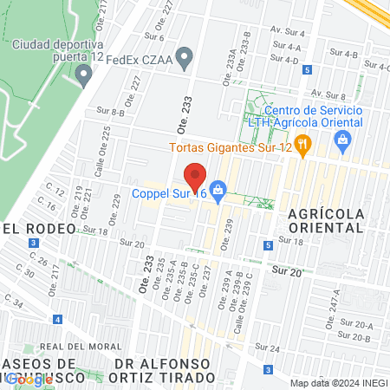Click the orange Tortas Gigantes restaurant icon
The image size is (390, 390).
(x=302, y=145)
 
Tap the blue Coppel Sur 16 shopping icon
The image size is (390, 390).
(x=218, y=188)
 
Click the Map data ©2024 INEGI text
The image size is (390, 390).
(x=338, y=383)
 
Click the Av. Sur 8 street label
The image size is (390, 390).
(x=329, y=94)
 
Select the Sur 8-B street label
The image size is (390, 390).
(x=111, y=112)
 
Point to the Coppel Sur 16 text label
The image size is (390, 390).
(x=169, y=194)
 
